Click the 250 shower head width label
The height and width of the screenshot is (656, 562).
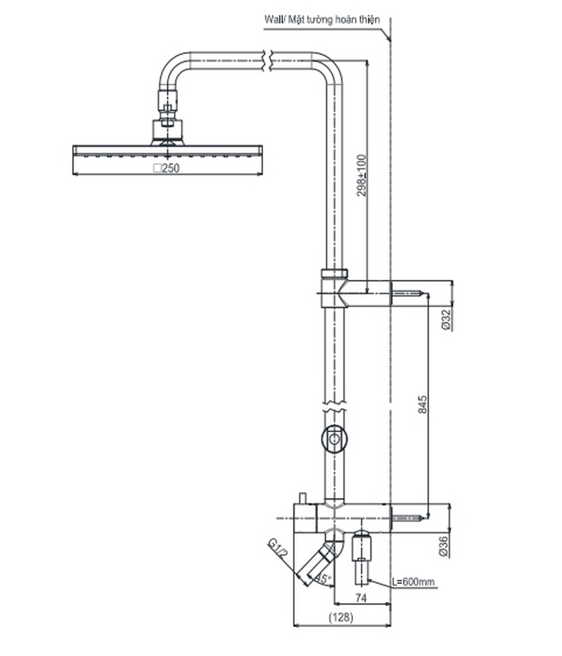click(x=166, y=168)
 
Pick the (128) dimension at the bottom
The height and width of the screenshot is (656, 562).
click(x=341, y=618)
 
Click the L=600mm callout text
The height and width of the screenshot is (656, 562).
click(x=413, y=581)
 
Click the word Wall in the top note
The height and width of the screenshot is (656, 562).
click(x=272, y=20)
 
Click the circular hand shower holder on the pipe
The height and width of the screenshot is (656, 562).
click(x=334, y=438)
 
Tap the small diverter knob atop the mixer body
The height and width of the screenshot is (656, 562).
click(x=303, y=497)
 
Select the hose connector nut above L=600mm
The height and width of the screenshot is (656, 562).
click(x=362, y=547)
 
